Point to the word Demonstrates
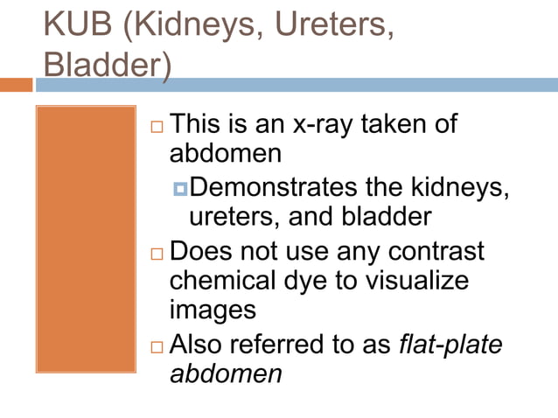pos(279,186)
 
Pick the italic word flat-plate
pos(450,344)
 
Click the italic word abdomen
pos(226,373)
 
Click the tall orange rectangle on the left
pos(86,239)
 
